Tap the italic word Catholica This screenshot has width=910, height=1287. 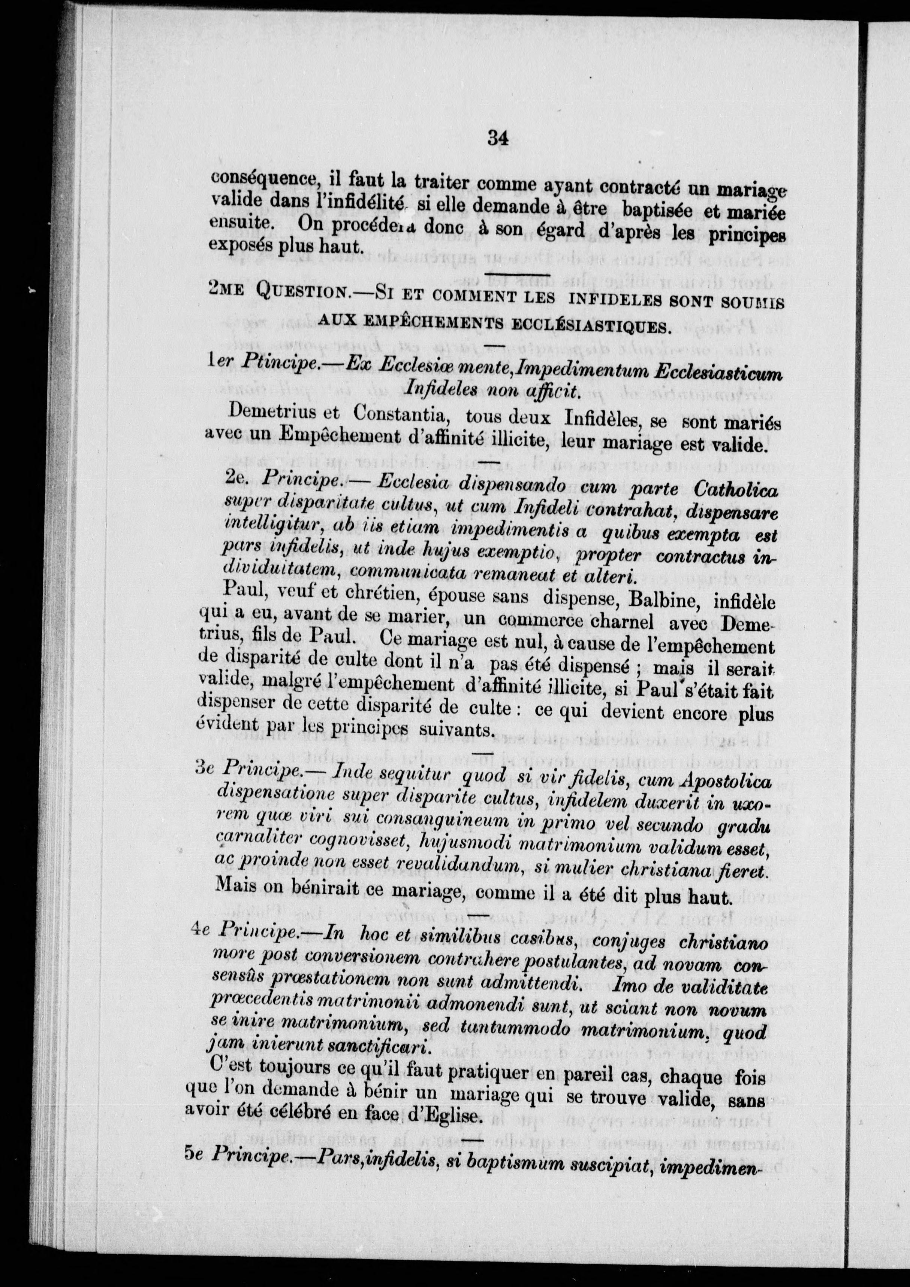735,490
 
